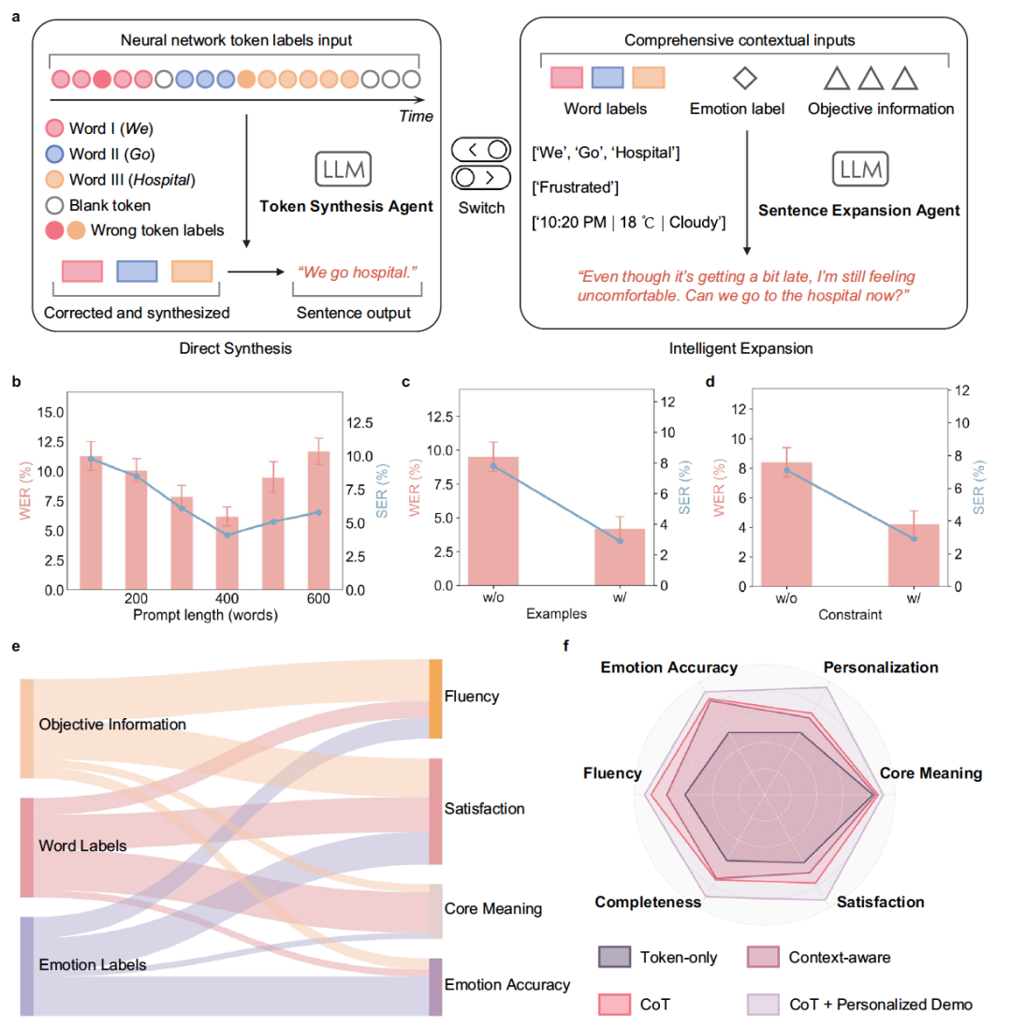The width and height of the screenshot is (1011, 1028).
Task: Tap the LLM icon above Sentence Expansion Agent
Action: (x=860, y=169)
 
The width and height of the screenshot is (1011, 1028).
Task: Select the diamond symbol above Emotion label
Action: (x=750, y=76)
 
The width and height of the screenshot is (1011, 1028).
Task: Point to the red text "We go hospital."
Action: (x=356, y=272)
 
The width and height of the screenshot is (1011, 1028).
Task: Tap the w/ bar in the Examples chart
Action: (x=620, y=557)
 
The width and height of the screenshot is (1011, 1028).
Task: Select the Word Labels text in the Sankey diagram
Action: (x=83, y=845)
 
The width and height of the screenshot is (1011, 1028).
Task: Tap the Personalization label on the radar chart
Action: (x=880, y=668)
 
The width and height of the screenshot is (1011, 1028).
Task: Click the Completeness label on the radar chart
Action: (x=649, y=902)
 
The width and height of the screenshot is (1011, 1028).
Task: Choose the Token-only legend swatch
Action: (x=615, y=957)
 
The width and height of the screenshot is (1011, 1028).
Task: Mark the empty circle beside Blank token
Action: (x=55, y=205)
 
